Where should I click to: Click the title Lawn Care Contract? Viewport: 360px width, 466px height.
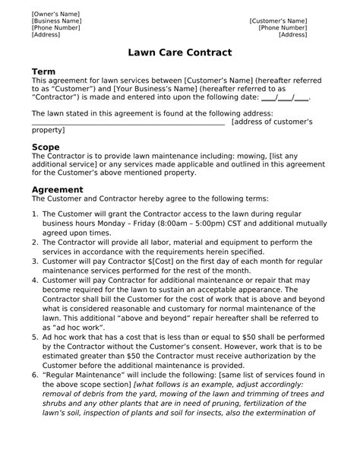180,54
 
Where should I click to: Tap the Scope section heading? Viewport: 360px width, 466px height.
45,146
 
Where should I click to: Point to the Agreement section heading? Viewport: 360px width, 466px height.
57,189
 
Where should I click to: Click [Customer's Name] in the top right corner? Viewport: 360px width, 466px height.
278,21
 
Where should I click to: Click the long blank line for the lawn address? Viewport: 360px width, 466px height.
128,122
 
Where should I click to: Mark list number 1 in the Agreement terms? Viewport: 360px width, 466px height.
35,215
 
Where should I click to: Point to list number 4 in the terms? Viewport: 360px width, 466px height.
35,281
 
